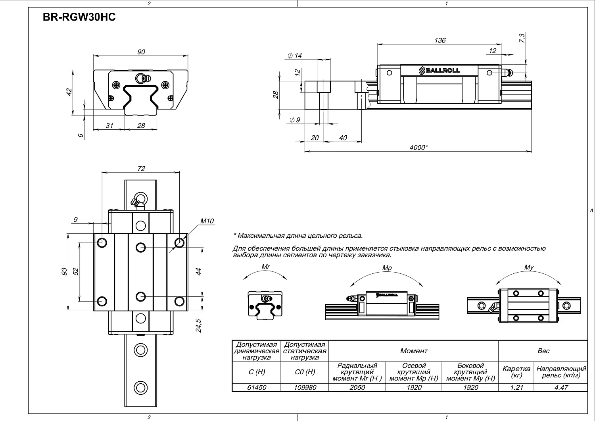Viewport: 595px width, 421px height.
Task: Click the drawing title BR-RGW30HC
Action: pos(79,17)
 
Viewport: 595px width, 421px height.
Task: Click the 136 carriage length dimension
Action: pos(440,40)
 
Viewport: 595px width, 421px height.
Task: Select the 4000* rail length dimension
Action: pos(418,147)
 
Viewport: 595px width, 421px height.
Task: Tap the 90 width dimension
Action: pos(141,52)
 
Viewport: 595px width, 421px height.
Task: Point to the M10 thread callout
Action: pos(207,221)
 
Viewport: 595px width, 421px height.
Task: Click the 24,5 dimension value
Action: pos(198,326)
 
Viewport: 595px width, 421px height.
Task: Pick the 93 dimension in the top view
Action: pos(64,271)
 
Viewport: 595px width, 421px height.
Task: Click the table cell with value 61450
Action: pos(257,388)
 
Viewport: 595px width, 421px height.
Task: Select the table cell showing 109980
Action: pos(305,388)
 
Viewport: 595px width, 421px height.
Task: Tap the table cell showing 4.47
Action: pos(561,388)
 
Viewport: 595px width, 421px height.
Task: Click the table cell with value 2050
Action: pos(357,388)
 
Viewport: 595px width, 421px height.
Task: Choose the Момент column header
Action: pos(414,351)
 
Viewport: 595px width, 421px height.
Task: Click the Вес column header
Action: pos(543,351)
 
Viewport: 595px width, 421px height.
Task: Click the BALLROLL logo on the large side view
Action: pos(440,71)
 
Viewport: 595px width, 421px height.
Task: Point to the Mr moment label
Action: pos(266,267)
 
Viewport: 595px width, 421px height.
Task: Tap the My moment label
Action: pos(529,267)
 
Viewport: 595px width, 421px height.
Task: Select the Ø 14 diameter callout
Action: pos(295,56)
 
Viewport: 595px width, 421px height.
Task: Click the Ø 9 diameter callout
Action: pos(295,120)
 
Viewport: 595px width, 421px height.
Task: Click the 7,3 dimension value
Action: pos(522,38)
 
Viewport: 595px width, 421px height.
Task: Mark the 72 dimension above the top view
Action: pos(141,169)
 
